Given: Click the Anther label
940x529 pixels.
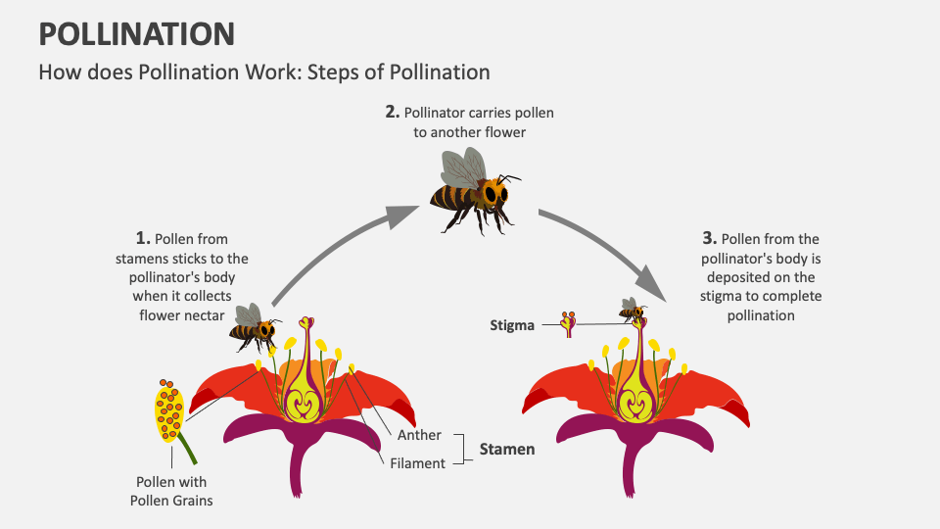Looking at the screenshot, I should pyautogui.click(x=419, y=435).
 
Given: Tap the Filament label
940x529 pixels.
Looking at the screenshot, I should pyautogui.click(x=418, y=462).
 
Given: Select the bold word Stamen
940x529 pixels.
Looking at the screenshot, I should pyautogui.click(x=506, y=449).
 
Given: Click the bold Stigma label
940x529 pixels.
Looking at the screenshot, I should pyautogui.click(x=512, y=325).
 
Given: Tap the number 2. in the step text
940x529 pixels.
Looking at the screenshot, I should pyautogui.click(x=392, y=112).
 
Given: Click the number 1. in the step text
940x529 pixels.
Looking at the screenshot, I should pyautogui.click(x=143, y=238).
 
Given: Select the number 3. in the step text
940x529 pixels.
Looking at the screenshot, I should pyautogui.click(x=710, y=238).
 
